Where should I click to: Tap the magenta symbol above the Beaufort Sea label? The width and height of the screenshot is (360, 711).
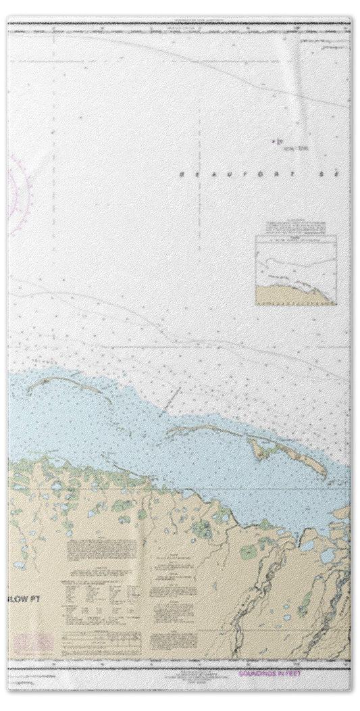[275, 142]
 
